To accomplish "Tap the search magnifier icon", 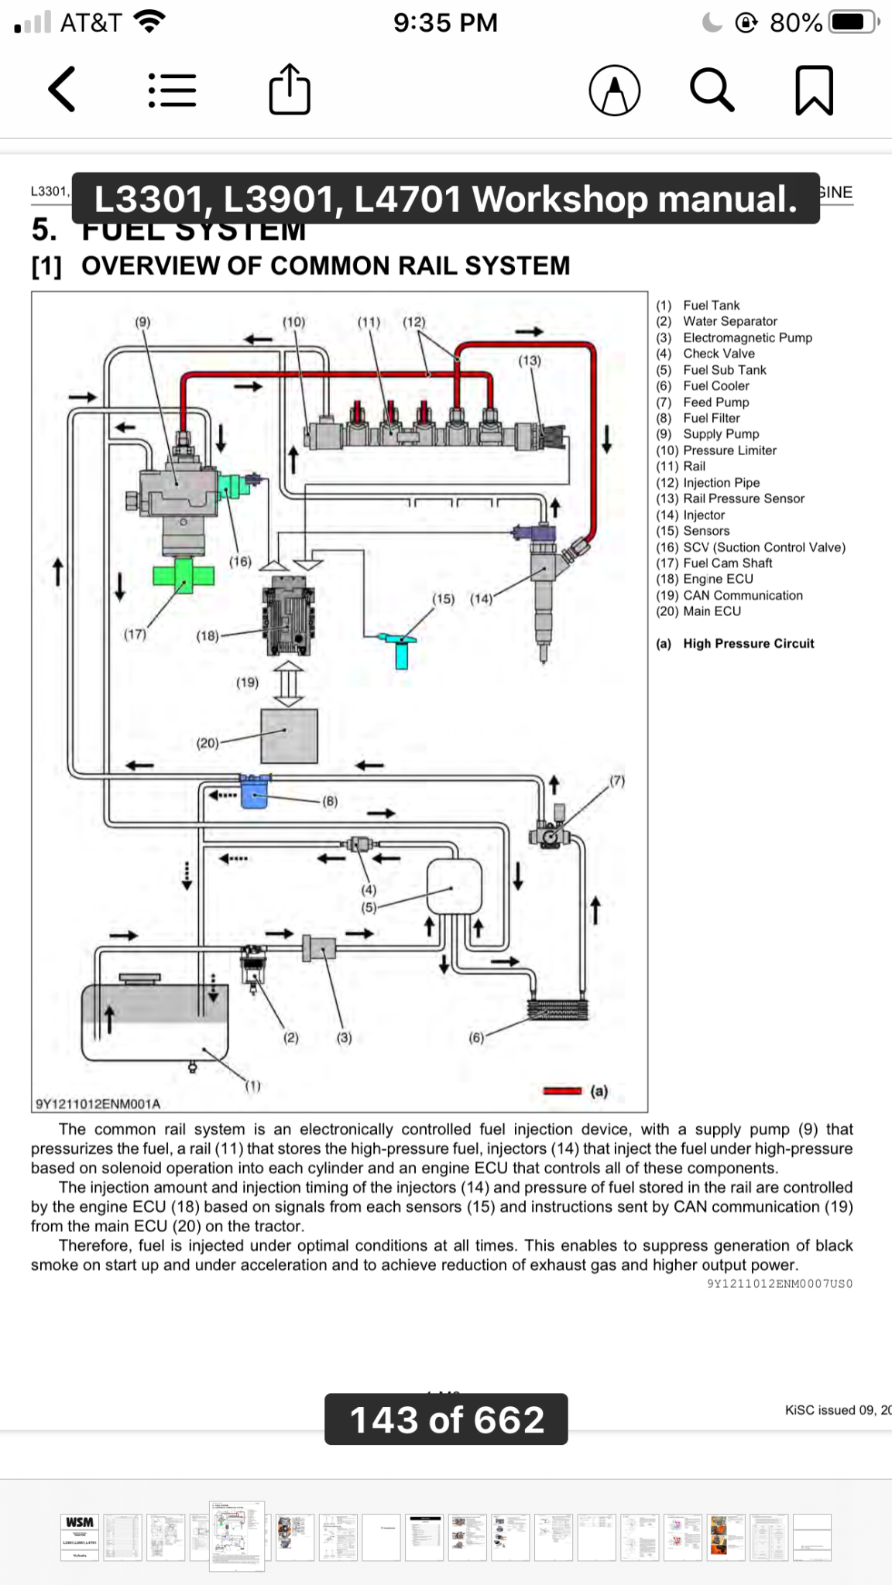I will click(712, 90).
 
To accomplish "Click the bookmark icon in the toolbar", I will click(814, 91).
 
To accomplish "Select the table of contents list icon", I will click(172, 90).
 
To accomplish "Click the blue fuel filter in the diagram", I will click(254, 790).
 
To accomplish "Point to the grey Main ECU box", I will click(289, 736).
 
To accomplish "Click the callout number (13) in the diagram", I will click(530, 360).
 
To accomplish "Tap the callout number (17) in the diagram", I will click(135, 634).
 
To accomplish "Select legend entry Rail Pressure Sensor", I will click(743, 498).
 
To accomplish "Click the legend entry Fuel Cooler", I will click(716, 385).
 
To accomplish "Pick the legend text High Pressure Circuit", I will click(748, 643).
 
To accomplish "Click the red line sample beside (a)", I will click(562, 1091).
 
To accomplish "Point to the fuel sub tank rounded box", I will click(455, 886).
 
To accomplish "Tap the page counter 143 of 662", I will click(446, 1419).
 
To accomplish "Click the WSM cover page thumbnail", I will click(80, 1536).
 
